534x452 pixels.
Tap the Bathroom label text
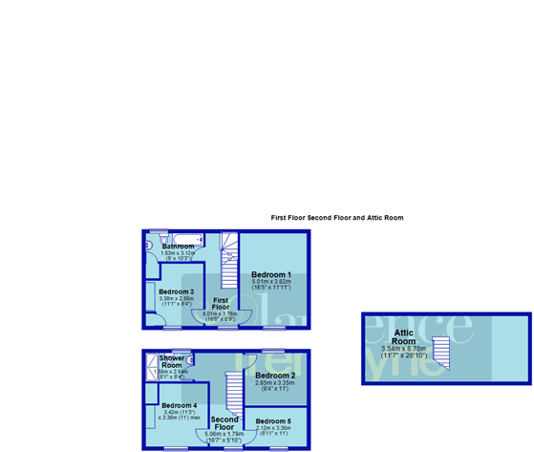pos(179,247)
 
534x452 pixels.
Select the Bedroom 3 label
pos(177,291)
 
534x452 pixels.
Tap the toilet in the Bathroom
pos(149,246)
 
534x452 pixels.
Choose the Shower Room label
pos(172,361)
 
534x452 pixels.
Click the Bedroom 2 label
pos(274,376)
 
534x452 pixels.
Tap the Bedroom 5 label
pos(273,420)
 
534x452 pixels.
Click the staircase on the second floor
pos(233,393)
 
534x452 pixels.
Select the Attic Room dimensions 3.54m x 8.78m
pos(404,352)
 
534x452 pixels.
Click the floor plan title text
pos(337,218)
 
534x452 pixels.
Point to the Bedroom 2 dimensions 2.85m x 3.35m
pos(274,385)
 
